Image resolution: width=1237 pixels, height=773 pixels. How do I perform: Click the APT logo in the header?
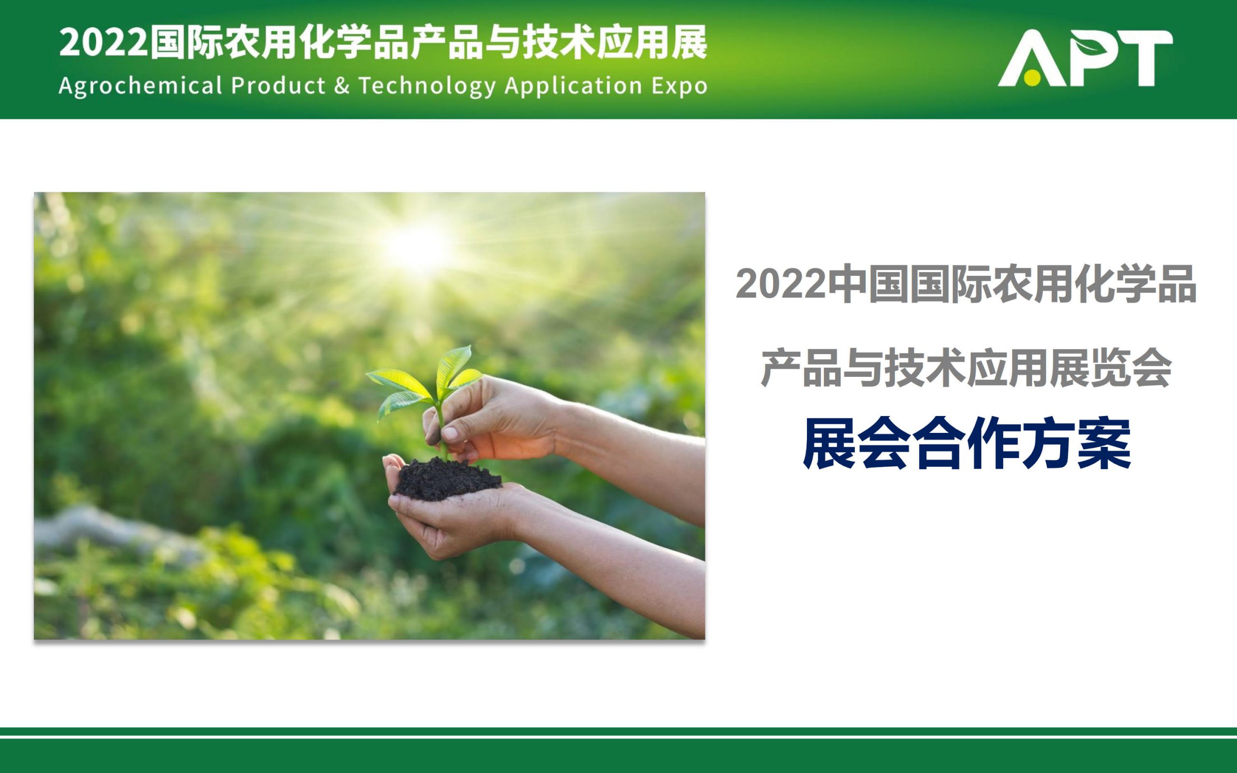click(x=1085, y=58)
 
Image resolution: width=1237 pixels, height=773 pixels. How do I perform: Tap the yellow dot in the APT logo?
click(x=1032, y=78)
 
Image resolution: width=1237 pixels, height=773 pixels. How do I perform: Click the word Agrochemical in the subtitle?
click(x=141, y=86)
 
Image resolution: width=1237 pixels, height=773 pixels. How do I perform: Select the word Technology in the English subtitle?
click(x=427, y=86)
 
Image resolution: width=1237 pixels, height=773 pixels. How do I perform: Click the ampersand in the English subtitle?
click(x=342, y=86)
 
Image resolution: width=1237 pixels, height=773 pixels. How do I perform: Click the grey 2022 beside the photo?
click(x=780, y=284)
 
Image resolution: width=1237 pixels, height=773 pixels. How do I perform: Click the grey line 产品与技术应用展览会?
click(x=966, y=368)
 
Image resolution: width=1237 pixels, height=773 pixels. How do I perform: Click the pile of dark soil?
click(x=446, y=479)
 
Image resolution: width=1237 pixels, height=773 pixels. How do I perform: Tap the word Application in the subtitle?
click(x=573, y=86)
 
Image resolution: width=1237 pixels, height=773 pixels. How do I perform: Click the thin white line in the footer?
click(x=618, y=737)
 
